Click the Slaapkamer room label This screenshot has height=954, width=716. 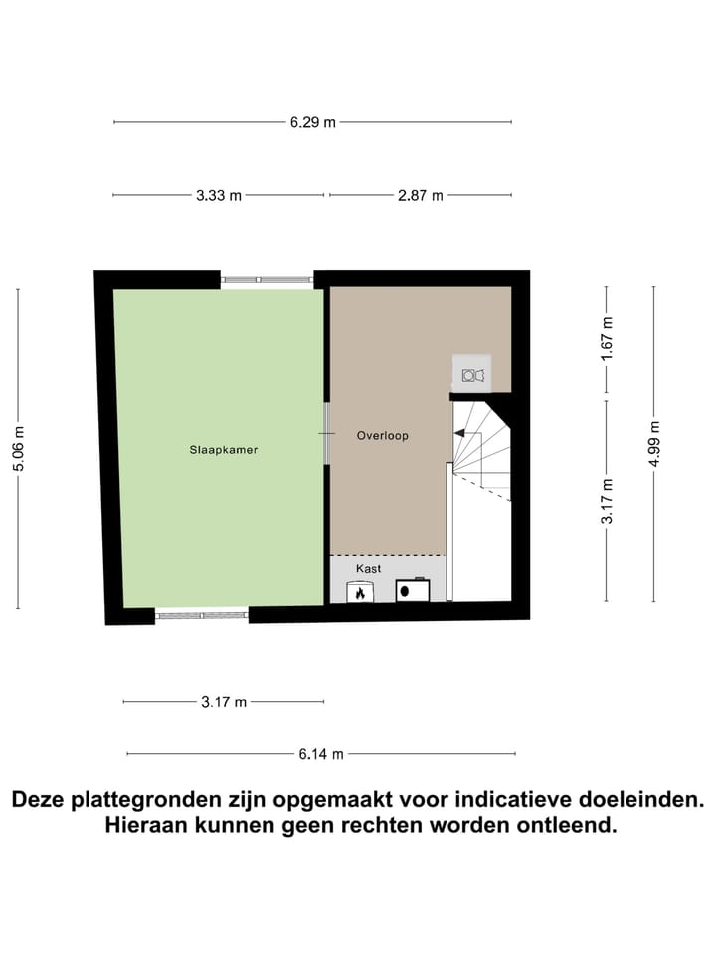coord(224,450)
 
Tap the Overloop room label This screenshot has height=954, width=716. coord(383,435)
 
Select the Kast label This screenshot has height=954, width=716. coord(369,568)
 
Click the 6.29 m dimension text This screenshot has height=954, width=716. coord(313,122)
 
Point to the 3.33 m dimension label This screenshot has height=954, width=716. coord(219,195)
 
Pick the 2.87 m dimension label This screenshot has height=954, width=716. coord(420,195)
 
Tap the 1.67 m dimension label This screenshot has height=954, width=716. coord(608,338)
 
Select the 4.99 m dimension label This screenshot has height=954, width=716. coord(653,443)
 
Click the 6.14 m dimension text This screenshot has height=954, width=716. coord(321,754)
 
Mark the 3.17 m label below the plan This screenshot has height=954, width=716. coord(224,702)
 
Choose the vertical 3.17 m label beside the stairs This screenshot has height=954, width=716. coord(608,501)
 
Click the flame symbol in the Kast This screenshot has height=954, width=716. coord(358,592)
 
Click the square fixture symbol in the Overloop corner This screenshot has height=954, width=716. coord(470,375)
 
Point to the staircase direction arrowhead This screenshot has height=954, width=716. coord(459,434)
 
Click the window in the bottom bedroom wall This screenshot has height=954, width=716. coord(202,616)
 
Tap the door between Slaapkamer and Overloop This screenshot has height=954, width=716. coord(326,434)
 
